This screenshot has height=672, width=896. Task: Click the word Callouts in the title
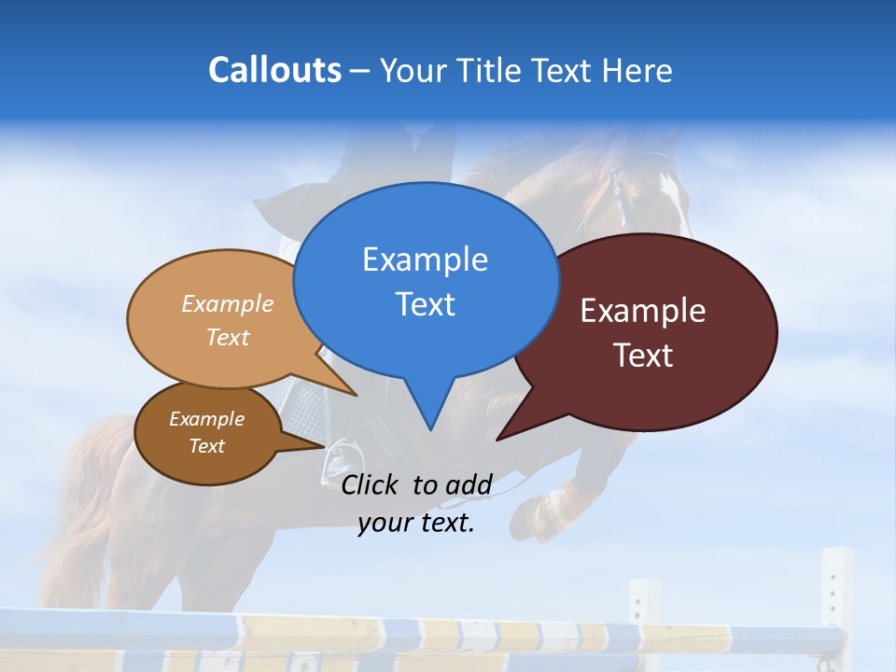[274, 70]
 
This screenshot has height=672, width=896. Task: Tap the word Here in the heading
[638, 70]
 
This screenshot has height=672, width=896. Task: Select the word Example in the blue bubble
[425, 259]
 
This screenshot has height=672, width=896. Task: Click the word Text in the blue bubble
[425, 304]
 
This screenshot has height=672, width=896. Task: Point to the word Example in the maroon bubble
[642, 311]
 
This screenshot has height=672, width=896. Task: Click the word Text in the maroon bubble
[643, 356]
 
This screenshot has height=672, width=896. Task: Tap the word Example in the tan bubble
[227, 303]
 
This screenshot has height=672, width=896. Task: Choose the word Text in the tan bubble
[227, 337]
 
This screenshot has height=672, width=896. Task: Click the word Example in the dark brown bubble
[206, 419]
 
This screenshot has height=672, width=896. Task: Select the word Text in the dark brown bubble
[206, 446]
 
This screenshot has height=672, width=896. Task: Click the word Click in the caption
[372, 484]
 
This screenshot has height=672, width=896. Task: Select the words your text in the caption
[416, 523]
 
